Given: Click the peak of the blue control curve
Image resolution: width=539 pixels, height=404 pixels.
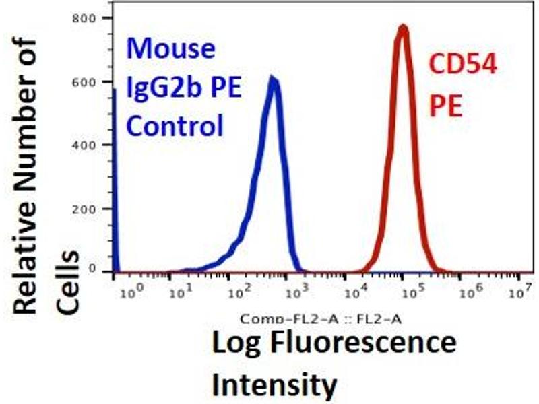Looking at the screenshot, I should tap(272, 79).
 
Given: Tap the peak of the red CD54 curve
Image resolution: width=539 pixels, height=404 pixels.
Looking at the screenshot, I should tap(403, 28).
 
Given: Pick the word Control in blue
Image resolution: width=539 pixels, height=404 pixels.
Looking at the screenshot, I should tap(175, 126).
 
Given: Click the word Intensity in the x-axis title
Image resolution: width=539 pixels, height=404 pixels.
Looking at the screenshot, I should tap(274, 384).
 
